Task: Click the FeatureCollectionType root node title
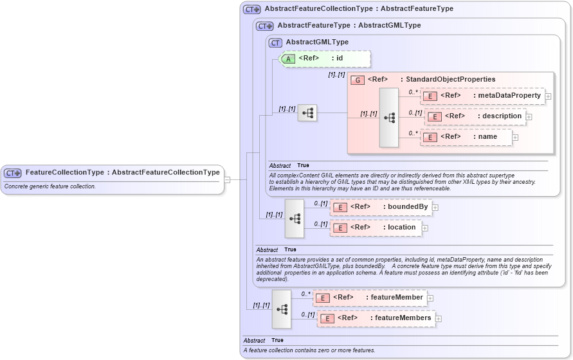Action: click(x=122, y=172)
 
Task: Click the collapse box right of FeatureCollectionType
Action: click(x=227, y=179)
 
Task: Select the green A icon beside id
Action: click(x=289, y=59)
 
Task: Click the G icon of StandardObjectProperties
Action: click(x=358, y=80)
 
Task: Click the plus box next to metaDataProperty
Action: click(x=548, y=96)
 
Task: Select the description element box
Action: click(x=475, y=116)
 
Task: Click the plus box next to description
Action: click(x=529, y=117)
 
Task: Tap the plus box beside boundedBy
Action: click(x=435, y=208)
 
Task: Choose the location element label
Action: click(x=401, y=228)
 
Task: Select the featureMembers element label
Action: click(x=403, y=318)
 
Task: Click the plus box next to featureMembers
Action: click(x=439, y=318)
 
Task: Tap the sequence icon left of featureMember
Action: click(x=282, y=309)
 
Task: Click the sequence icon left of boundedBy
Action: click(x=295, y=218)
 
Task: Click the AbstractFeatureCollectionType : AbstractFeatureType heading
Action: click(x=358, y=9)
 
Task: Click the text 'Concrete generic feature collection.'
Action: click(x=50, y=186)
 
